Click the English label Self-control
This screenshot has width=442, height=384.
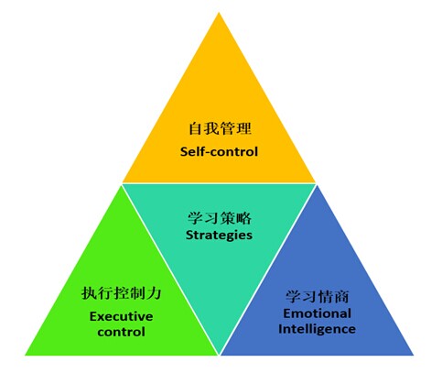pyautogui.click(x=219, y=151)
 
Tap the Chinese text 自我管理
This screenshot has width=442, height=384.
pyautogui.click(x=220, y=128)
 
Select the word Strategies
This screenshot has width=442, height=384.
pyautogui.click(x=219, y=236)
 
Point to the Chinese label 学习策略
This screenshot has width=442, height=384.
pyautogui.click(x=220, y=218)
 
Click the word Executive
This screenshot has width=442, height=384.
pyautogui.click(x=122, y=316)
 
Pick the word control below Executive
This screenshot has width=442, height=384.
pyautogui.click(x=122, y=332)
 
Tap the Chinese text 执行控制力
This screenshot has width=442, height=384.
pyautogui.click(x=122, y=293)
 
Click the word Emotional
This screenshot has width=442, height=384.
pyautogui.click(x=317, y=313)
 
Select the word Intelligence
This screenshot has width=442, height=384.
pyautogui.click(x=317, y=329)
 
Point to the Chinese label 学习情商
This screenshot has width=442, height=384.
pyautogui.click(x=318, y=296)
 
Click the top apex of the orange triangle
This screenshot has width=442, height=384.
pyautogui.click(x=219, y=12)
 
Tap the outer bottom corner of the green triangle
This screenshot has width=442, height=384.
pyautogui.click(x=25, y=355)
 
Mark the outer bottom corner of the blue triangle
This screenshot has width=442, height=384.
pyautogui.click(x=414, y=355)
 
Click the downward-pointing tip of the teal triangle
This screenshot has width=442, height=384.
pyautogui.click(x=219, y=355)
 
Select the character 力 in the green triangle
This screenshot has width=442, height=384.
pyautogui.click(x=154, y=293)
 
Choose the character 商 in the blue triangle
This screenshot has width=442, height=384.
pyautogui.click(x=341, y=296)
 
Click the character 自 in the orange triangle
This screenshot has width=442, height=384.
pyautogui.click(x=196, y=128)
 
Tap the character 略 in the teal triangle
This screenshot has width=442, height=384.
pyautogui.click(x=244, y=218)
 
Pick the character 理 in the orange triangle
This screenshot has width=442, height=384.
pyautogui.click(x=244, y=128)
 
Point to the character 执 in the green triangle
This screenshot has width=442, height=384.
pyautogui.click(x=89, y=293)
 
